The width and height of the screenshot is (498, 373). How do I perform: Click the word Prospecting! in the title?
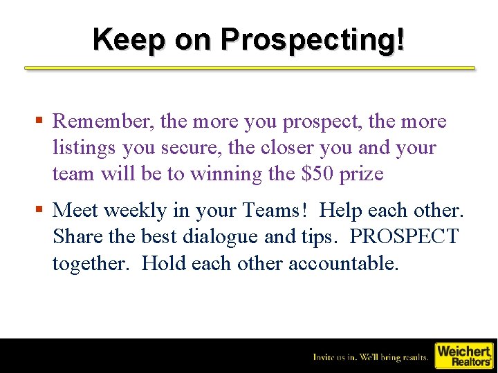click(313, 39)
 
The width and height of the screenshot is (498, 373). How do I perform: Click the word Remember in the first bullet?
click(103, 122)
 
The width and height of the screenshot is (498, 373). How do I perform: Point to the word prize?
click(361, 174)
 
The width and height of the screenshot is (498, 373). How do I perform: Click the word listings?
click(84, 148)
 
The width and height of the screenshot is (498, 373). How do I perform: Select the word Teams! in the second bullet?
click(271, 210)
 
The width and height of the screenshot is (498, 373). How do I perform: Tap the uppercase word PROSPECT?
click(404, 236)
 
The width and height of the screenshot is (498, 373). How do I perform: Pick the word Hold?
click(163, 263)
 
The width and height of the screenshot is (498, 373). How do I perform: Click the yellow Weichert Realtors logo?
click(463, 355)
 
